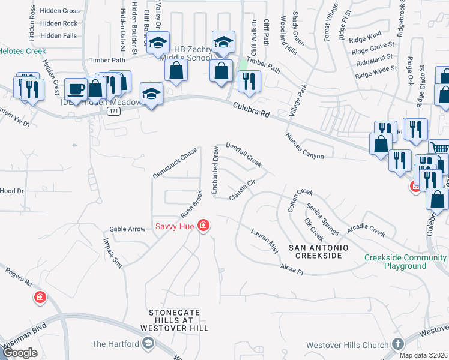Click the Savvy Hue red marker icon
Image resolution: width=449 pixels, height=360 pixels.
(x=204, y=226)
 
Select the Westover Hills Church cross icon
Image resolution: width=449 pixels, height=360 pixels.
(x=397, y=344)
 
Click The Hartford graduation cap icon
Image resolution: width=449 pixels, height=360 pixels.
(x=148, y=344)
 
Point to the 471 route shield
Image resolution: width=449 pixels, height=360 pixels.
(x=113, y=111)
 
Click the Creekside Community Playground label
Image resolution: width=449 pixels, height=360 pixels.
(x=406, y=262)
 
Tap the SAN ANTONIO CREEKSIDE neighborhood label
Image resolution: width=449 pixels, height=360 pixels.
(x=315, y=251)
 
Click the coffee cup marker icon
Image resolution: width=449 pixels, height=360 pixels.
(x=76, y=89)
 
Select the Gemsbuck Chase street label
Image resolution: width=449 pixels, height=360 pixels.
(x=175, y=160)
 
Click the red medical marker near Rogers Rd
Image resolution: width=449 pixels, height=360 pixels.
(x=40, y=297)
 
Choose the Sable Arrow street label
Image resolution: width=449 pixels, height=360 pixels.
(x=127, y=229)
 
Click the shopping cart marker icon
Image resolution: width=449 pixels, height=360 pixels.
(x=439, y=148)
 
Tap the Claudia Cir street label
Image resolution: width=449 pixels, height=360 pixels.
(x=245, y=191)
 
